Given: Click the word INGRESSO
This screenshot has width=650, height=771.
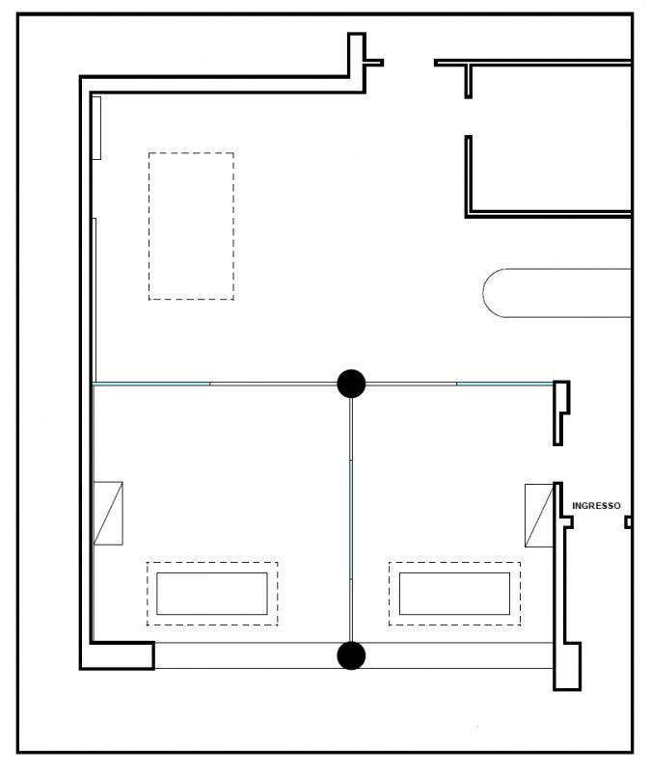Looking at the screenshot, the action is (x=596, y=505).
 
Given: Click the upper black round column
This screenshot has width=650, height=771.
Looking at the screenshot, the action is (x=351, y=384).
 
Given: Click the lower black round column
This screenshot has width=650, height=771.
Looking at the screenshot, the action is (x=351, y=655).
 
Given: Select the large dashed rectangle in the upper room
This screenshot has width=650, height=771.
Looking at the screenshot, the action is (x=191, y=153).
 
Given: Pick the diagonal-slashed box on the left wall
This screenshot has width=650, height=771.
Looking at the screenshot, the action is (x=108, y=514).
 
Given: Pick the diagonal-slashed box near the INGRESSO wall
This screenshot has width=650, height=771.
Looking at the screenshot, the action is (x=539, y=516).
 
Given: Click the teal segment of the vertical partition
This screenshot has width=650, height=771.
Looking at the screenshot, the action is (x=351, y=519).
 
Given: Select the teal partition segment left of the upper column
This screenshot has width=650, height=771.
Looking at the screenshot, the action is (x=151, y=384).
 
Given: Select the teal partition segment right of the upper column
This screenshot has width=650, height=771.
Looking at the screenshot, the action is (x=504, y=384).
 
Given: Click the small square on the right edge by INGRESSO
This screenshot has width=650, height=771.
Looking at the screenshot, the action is (x=628, y=522).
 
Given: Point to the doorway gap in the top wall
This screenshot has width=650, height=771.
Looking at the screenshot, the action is (x=409, y=63).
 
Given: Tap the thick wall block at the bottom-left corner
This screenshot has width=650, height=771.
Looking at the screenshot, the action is (x=118, y=655).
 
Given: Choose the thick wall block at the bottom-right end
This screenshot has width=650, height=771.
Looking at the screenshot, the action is (x=567, y=666).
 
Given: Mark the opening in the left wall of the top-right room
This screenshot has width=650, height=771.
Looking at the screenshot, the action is (x=469, y=117).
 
